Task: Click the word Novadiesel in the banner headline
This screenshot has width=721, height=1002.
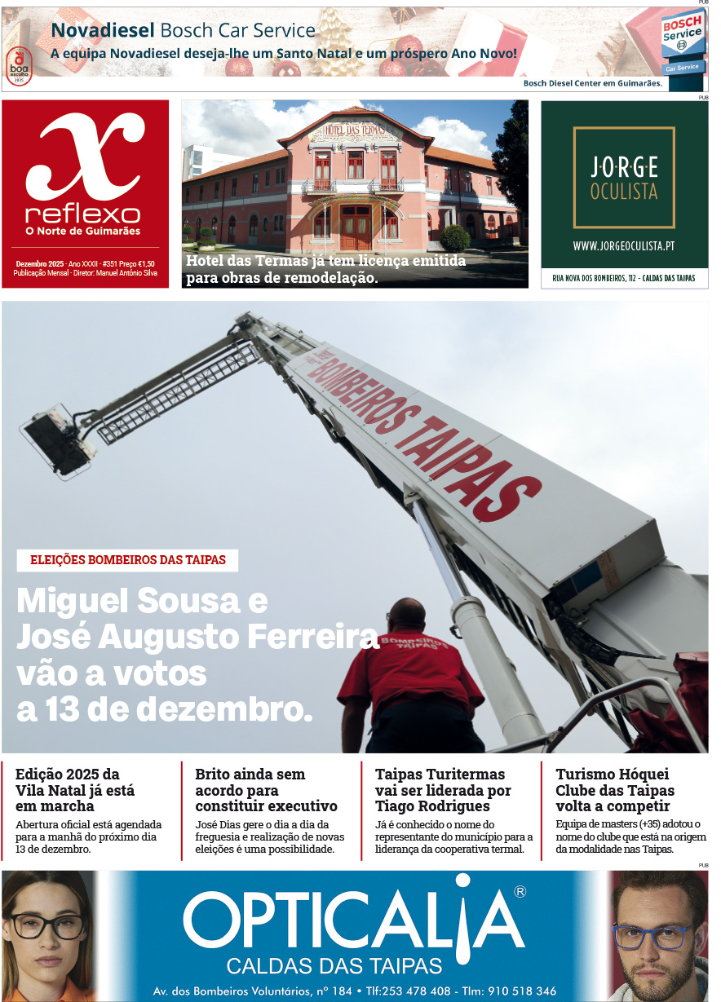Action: [x=103, y=31]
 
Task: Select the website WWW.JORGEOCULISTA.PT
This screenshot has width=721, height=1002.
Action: [x=624, y=245]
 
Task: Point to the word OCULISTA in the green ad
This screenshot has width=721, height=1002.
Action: [x=624, y=193]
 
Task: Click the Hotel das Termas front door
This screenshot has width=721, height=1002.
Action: [x=355, y=227]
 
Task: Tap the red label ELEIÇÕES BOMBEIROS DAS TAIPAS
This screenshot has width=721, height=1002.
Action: [x=127, y=560]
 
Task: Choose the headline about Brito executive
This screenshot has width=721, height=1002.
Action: [x=266, y=790]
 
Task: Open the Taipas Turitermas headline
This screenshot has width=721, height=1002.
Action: [x=443, y=790]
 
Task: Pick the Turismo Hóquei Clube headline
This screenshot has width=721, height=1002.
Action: [x=615, y=790]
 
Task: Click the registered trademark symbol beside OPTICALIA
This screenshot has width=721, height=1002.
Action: [x=520, y=892]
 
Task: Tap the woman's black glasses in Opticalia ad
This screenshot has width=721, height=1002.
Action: [x=47, y=925]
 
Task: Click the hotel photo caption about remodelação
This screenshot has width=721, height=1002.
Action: [x=326, y=269]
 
